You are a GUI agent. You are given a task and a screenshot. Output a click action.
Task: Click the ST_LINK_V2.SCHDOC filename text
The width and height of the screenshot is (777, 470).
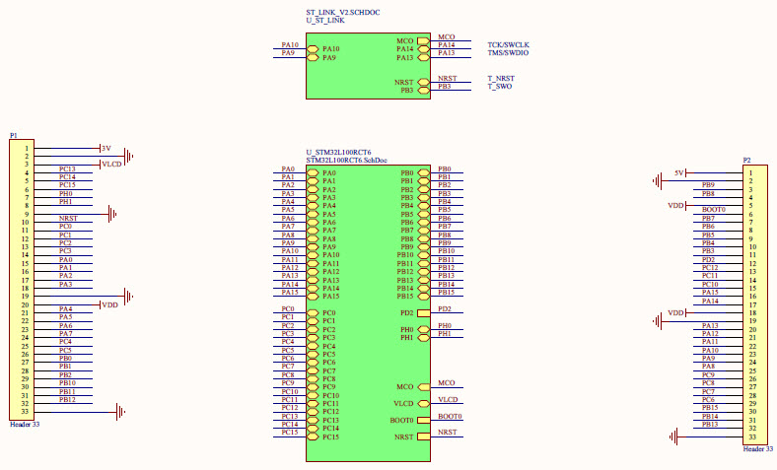click(x=342, y=12)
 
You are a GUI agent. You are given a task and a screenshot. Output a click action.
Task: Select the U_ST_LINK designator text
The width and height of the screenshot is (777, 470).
click(x=325, y=21)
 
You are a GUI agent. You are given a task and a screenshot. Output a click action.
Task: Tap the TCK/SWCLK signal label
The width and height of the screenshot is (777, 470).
click(x=508, y=45)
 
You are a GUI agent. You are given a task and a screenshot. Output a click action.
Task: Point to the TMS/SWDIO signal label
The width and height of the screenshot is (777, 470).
click(x=509, y=53)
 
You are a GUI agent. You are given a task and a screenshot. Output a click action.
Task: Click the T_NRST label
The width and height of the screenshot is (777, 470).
click(x=500, y=79)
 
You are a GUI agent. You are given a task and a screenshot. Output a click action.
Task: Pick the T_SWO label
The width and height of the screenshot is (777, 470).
click(x=499, y=87)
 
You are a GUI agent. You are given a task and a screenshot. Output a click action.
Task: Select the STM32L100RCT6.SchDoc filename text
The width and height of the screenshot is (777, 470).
click(x=346, y=160)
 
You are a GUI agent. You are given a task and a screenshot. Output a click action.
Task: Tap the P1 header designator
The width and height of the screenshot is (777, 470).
click(x=14, y=135)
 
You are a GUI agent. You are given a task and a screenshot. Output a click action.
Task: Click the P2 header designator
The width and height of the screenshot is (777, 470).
click(x=747, y=160)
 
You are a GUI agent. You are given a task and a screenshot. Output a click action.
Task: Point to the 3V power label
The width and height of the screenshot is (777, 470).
click(x=106, y=148)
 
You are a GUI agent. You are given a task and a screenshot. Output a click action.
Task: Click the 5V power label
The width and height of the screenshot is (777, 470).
click(x=678, y=172)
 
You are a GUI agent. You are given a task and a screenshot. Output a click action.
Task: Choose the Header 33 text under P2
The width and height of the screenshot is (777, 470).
click(x=757, y=448)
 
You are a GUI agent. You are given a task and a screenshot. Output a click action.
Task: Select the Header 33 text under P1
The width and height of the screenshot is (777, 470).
click(x=24, y=424)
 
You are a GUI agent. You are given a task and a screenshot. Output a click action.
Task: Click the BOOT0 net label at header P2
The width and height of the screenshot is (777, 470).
click(x=713, y=210)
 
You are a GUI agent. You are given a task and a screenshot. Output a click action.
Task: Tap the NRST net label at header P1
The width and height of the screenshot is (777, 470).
click(x=68, y=218)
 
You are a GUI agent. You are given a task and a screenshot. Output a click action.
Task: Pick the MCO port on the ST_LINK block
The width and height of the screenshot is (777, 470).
click(x=424, y=40)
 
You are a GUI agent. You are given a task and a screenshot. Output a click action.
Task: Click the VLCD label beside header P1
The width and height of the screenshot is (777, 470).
click(x=111, y=164)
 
